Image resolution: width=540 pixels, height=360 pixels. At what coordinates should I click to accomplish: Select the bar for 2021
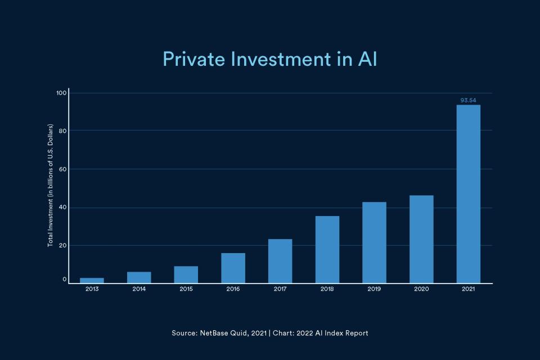click(x=468, y=194)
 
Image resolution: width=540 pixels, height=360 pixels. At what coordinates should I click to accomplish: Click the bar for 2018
click(x=327, y=249)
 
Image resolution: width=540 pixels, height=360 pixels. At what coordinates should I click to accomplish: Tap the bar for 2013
click(x=92, y=280)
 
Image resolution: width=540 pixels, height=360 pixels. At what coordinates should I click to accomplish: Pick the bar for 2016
click(x=233, y=268)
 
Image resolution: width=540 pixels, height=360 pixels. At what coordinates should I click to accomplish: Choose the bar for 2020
click(x=421, y=239)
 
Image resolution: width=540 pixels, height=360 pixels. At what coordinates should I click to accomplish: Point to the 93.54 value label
click(x=468, y=101)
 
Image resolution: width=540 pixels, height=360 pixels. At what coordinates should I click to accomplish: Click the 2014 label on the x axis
click(x=139, y=289)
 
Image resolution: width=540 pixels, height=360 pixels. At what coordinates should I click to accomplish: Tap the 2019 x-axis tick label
click(x=374, y=289)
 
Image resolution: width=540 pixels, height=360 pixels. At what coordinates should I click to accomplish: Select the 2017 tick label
click(x=280, y=289)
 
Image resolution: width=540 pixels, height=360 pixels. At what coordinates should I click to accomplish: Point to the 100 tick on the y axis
click(x=61, y=93)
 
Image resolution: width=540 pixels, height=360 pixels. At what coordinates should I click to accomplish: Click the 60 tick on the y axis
click(x=63, y=169)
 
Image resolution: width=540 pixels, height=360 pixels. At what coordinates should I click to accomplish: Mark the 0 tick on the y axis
click(x=65, y=280)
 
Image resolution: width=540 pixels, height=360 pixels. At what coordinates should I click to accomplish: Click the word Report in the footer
click(x=357, y=333)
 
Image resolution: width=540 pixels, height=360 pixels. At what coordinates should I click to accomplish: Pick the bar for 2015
click(x=186, y=274)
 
